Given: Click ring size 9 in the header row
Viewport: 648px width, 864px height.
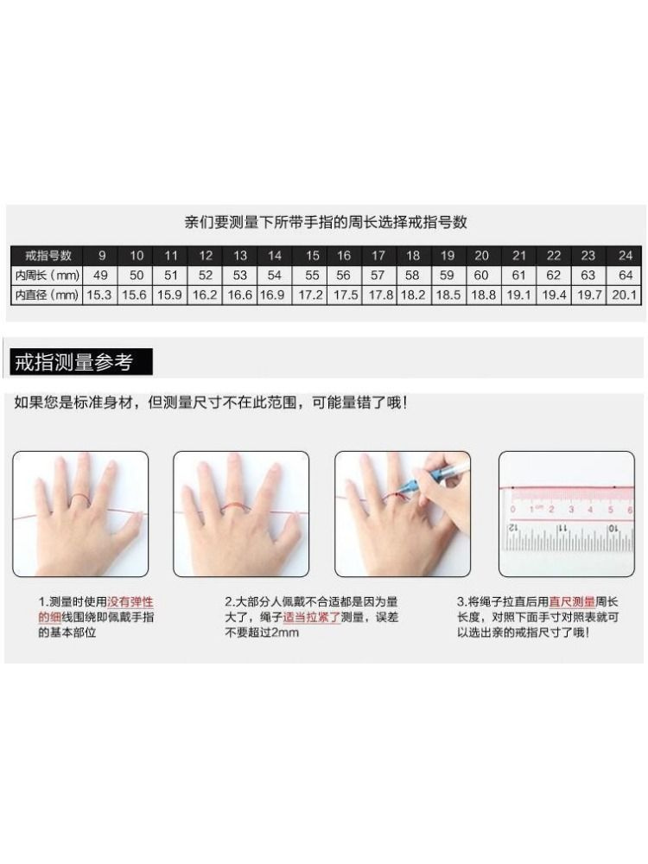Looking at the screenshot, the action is [x=101, y=256].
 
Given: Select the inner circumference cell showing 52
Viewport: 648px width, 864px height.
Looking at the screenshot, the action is [x=206, y=275].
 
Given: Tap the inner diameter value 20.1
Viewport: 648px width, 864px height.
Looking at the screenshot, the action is [x=624, y=295].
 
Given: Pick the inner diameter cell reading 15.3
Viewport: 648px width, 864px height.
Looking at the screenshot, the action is [x=99, y=295].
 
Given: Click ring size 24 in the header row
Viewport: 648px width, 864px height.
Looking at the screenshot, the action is [x=626, y=256].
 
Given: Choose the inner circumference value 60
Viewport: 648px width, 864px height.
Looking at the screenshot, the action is [x=481, y=275].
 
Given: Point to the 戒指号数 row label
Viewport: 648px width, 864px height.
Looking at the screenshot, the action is [x=48, y=256].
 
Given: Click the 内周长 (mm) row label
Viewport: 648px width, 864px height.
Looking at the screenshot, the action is [x=48, y=275].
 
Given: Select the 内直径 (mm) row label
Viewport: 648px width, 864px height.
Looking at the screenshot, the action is [x=48, y=295].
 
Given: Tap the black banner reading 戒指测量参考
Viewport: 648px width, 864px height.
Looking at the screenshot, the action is [x=81, y=362].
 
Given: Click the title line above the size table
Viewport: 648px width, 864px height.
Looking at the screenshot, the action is [x=326, y=222].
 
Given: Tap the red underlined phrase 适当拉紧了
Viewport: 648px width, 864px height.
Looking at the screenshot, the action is [x=311, y=617].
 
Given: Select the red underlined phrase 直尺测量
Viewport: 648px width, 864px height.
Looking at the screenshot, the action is [x=572, y=602].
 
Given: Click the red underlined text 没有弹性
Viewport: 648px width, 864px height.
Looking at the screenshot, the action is [x=130, y=602].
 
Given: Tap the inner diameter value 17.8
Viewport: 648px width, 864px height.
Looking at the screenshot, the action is [x=381, y=295].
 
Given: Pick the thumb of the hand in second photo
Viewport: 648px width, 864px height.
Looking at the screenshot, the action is [x=287, y=530].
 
